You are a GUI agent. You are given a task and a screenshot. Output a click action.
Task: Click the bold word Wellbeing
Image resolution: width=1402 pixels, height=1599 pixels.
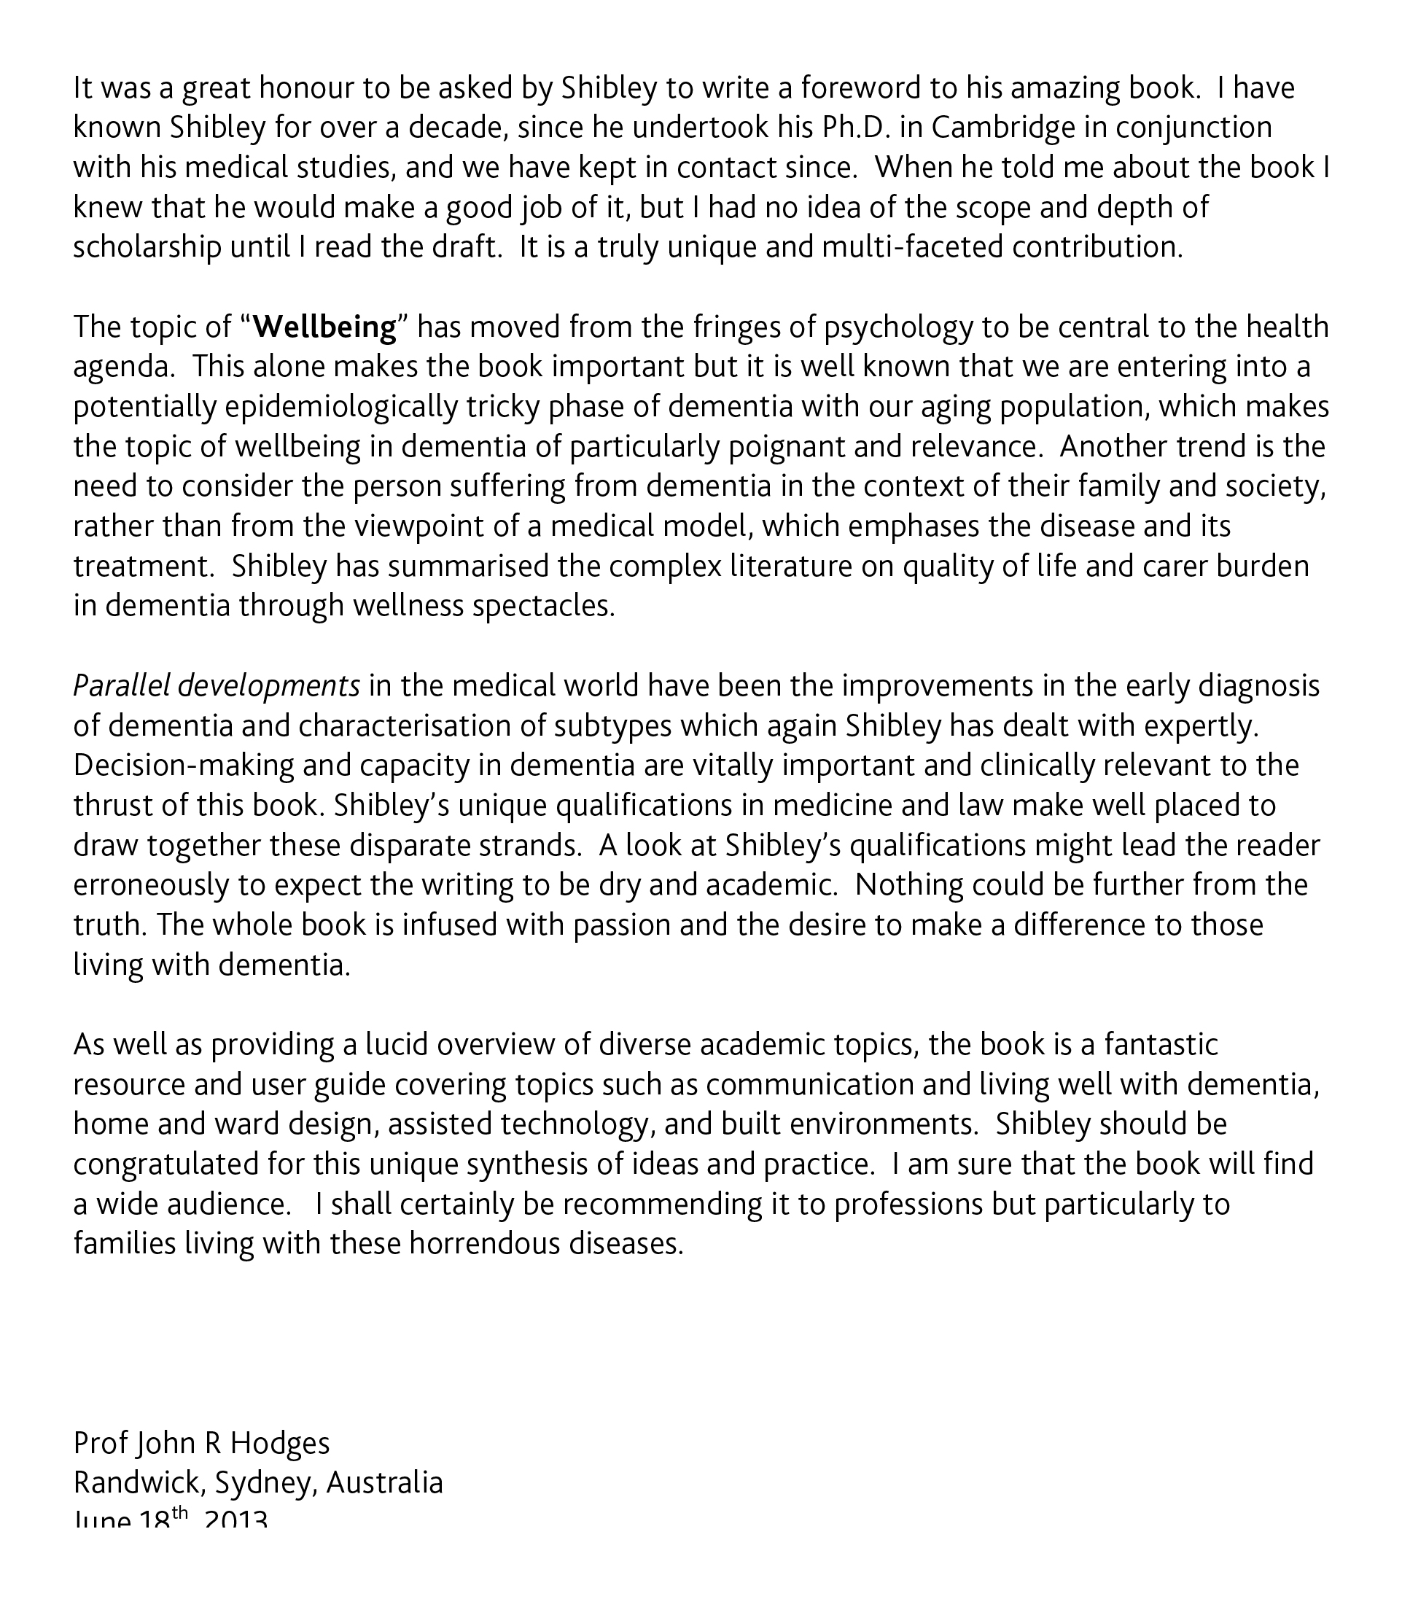click(325, 327)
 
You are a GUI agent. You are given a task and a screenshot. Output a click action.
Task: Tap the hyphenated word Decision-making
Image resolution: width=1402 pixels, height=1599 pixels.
click(183, 765)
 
